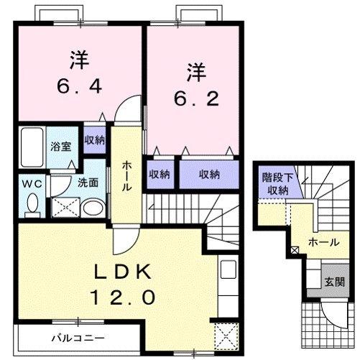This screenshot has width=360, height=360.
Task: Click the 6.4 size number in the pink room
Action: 79,87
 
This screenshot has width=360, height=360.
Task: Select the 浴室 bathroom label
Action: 59,146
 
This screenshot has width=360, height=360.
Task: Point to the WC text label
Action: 29,183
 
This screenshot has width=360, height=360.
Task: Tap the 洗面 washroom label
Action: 88,183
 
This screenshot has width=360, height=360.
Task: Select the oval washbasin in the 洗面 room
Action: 91,209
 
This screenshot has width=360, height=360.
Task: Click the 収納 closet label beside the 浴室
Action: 95,139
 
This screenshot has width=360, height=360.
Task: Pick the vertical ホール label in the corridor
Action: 126,175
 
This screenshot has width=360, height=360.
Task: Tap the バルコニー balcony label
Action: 78,337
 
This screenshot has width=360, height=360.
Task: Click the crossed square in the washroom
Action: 63,208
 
